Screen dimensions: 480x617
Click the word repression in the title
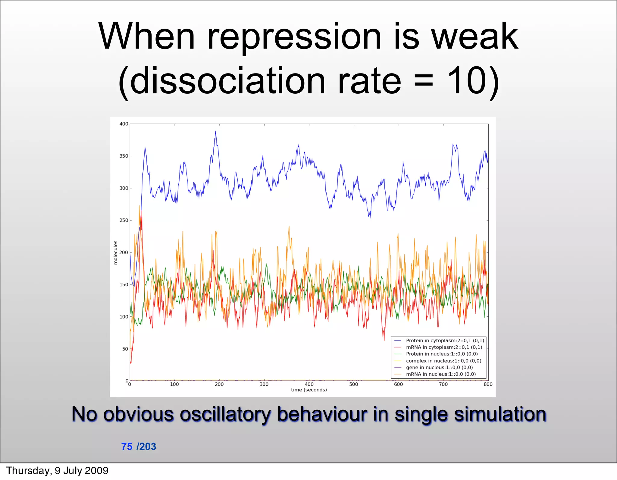[x=295, y=38]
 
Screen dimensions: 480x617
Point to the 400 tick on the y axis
[x=124, y=124]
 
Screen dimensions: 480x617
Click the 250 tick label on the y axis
[x=124, y=220]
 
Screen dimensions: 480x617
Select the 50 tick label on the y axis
[x=125, y=349]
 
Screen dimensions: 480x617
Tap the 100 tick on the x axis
[x=174, y=384]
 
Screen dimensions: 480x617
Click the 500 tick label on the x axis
[x=354, y=384]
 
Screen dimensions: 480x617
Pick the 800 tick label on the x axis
[x=488, y=384]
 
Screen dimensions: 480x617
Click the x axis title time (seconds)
[x=309, y=390]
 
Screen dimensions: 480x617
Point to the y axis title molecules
[x=115, y=253]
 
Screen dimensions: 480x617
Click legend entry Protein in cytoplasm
[x=445, y=340]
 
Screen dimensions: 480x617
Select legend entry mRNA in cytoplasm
[x=444, y=347]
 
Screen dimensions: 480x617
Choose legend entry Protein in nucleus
[x=442, y=354]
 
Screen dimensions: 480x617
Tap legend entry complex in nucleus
[x=443, y=361]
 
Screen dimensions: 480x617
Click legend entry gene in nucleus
[x=439, y=368]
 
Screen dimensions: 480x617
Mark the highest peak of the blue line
[x=215, y=132]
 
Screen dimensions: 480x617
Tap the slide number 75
[x=127, y=447]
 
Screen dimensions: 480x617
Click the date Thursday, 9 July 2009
[x=57, y=471]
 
